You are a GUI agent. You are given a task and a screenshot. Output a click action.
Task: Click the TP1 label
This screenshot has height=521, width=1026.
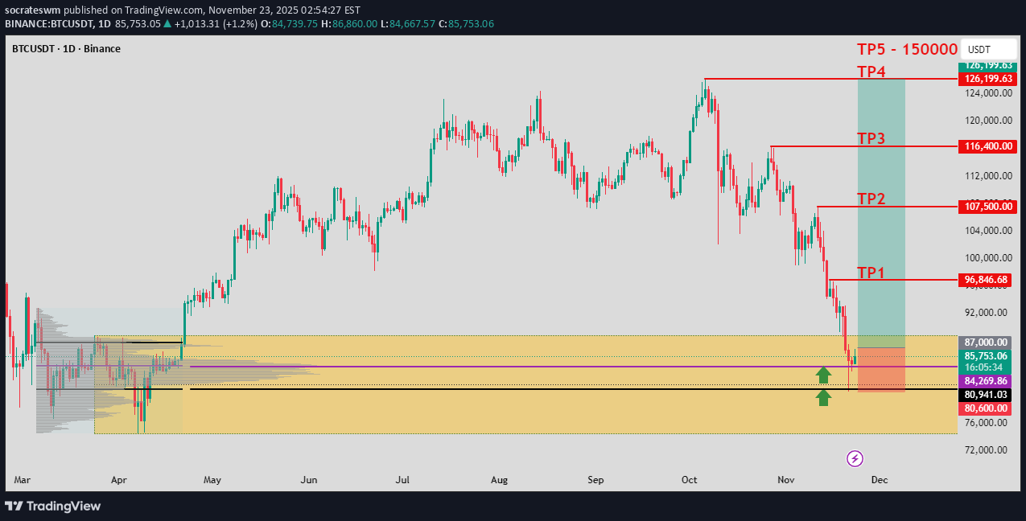tap(871, 273)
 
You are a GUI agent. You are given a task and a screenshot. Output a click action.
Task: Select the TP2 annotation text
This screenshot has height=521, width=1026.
tap(871, 199)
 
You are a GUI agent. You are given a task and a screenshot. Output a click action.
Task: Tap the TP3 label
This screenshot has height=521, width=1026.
tap(871, 138)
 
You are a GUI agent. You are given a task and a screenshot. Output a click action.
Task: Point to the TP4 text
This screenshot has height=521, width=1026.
tap(871, 72)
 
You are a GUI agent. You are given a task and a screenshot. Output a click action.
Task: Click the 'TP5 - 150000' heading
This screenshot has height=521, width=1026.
tap(907, 49)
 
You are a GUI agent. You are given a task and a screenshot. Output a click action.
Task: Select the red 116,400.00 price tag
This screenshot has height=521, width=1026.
tap(987, 147)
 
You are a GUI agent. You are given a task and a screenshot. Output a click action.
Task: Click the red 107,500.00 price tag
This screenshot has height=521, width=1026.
tap(987, 207)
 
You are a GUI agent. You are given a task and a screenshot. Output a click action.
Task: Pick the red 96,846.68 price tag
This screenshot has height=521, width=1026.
tap(987, 280)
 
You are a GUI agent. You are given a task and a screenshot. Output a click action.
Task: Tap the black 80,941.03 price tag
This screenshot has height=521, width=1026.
tap(987, 395)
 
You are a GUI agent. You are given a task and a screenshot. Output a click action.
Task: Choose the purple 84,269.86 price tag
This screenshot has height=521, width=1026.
tap(987, 381)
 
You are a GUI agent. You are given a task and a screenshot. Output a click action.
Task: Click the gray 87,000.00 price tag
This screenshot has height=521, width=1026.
tap(987, 342)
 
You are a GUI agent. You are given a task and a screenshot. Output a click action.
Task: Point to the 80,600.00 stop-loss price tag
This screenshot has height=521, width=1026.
tap(987, 408)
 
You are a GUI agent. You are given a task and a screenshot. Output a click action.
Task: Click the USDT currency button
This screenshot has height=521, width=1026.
tap(979, 49)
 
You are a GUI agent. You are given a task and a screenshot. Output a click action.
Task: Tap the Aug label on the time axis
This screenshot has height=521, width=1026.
tap(500, 480)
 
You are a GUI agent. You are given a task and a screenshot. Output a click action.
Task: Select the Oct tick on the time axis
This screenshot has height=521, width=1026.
tap(690, 480)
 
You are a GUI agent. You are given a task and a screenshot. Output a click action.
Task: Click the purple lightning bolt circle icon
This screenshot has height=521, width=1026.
tap(855, 458)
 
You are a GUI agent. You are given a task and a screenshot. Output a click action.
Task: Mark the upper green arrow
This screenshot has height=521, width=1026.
tap(823, 374)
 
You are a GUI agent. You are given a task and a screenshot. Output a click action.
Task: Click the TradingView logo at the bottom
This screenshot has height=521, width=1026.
tap(53, 506)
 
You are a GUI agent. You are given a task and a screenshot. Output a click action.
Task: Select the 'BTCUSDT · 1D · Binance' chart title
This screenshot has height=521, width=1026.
tap(66, 49)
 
